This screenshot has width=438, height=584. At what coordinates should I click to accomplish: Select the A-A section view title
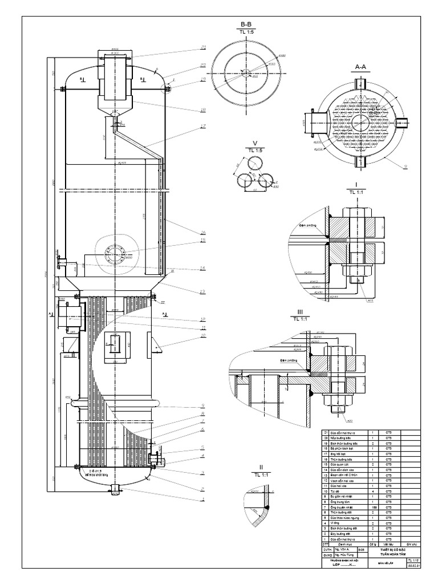click(x=360, y=67)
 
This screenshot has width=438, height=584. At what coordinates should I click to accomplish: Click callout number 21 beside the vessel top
click(x=202, y=48)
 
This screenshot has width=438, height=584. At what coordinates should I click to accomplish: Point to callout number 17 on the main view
click(x=202, y=127)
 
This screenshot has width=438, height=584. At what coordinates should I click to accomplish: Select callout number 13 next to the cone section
click(x=202, y=292)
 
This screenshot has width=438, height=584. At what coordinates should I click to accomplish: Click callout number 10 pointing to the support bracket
click(x=202, y=336)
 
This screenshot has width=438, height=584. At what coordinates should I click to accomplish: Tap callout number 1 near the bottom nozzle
click(x=202, y=500)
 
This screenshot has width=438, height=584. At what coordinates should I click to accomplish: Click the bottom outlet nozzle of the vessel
click(x=116, y=489)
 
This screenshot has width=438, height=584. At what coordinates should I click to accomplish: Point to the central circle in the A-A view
click(x=360, y=122)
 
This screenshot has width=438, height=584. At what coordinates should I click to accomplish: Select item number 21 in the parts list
click(x=326, y=434)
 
